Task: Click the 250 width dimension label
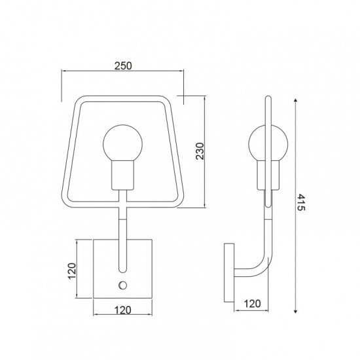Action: click(x=123, y=66)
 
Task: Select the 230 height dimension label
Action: click(x=200, y=151)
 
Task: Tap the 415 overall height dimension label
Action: click(x=301, y=202)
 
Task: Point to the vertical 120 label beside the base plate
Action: click(x=72, y=271)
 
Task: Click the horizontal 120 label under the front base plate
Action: click(x=123, y=310)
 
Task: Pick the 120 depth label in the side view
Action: click(x=252, y=304)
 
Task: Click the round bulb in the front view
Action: click(x=123, y=143)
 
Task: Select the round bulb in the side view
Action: click(x=268, y=143)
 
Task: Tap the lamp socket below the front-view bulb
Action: click(x=122, y=175)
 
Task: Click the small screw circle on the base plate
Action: click(x=122, y=285)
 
